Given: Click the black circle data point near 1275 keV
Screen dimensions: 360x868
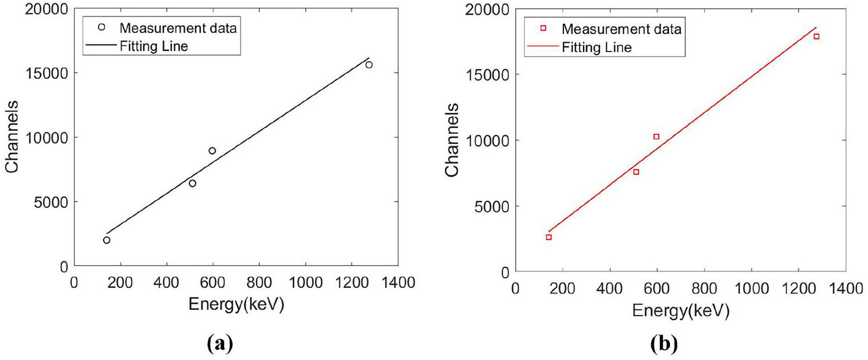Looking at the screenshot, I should coord(369,65).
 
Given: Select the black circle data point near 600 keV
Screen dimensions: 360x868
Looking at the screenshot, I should coord(213,150).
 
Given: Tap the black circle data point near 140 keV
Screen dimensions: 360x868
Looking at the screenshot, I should coord(107,240).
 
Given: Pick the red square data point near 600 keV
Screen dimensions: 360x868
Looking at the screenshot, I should coord(656,137).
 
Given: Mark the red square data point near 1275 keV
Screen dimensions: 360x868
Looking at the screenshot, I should coord(816,36).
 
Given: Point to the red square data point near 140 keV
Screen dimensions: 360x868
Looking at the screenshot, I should coord(548,237).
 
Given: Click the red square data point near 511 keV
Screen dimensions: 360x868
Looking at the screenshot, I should coord(636,172).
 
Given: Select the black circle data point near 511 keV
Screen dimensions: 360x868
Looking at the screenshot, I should coord(192,183).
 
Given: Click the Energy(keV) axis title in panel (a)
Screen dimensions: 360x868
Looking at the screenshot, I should coord(236,305).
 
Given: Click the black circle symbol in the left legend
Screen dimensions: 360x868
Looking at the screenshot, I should coord(101,27).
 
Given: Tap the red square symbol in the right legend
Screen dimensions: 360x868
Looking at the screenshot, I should coord(543,28).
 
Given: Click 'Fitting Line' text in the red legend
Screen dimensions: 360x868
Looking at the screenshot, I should coord(596,47).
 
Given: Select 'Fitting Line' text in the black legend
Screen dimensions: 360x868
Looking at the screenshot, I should coord(153,46).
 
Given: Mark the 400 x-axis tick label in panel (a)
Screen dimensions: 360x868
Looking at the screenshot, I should coord(167,282).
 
